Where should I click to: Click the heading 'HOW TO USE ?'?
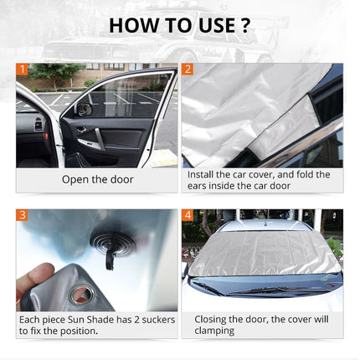[179, 25]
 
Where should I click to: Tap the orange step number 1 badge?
[23, 69]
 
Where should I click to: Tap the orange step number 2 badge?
[188, 69]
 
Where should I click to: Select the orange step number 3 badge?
[23, 215]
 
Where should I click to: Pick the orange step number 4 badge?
[188, 215]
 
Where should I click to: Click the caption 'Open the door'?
[97, 179]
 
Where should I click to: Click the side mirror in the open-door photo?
[84, 107]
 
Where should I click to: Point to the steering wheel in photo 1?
[25, 126]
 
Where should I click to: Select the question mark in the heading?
[244, 25]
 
